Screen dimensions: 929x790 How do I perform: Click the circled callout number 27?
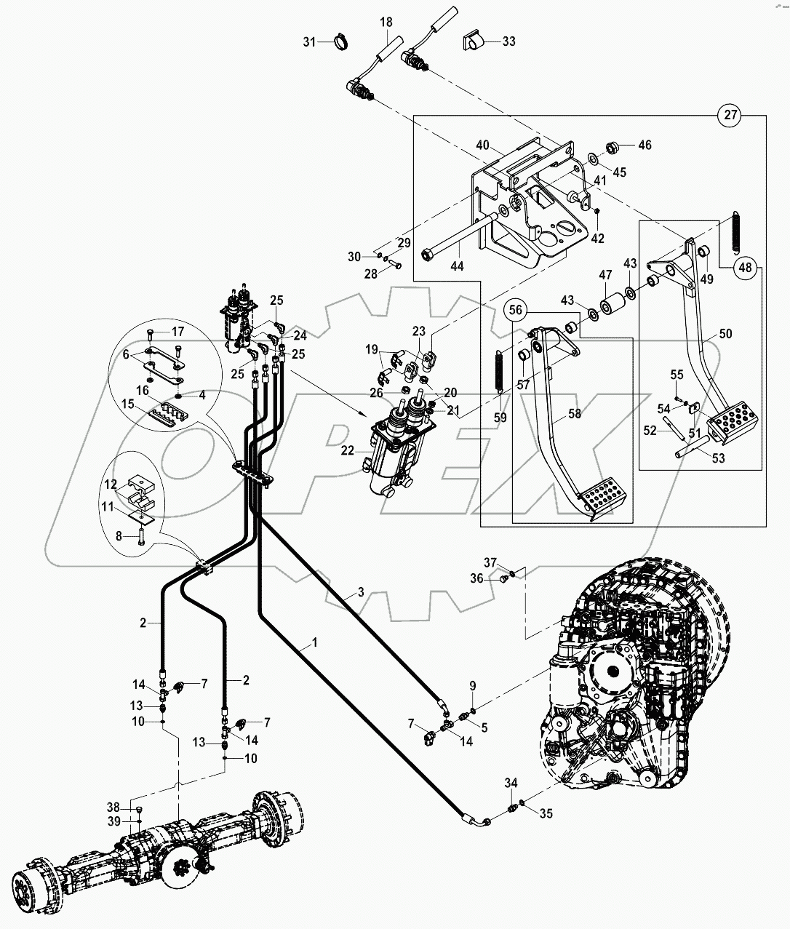click(x=730, y=115)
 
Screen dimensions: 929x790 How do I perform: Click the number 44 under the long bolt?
click(x=456, y=267)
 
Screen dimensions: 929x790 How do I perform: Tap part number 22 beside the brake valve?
click(x=348, y=451)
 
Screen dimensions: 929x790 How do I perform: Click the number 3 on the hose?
click(x=359, y=593)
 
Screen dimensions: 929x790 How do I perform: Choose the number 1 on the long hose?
click(x=314, y=642)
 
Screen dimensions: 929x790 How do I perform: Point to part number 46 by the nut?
click(x=645, y=145)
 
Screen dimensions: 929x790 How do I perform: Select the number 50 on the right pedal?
click(x=726, y=334)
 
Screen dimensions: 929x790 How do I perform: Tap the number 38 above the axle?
click(x=113, y=807)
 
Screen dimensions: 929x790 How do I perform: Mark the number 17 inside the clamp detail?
click(x=178, y=332)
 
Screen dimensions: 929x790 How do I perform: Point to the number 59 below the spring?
click(x=500, y=418)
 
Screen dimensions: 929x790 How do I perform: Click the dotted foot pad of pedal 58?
click(x=599, y=500)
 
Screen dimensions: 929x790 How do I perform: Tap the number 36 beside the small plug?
click(x=497, y=578)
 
